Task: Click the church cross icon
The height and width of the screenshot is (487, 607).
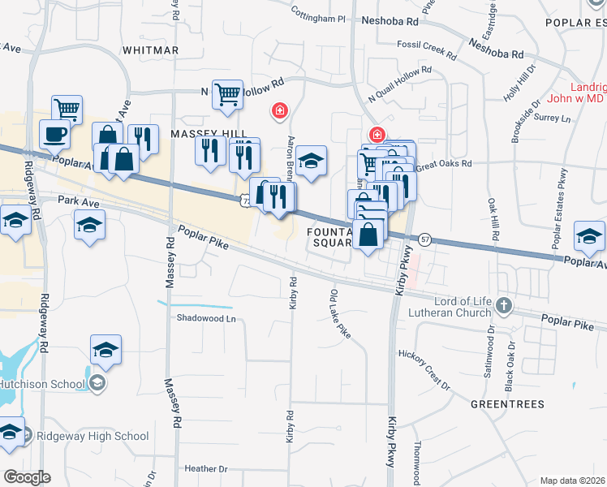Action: coord(504,306)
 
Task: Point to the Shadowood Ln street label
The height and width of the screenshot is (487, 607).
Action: coord(206,319)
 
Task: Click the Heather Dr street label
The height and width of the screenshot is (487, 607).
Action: coord(206,468)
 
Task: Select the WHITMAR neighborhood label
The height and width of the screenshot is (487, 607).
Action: coord(150,50)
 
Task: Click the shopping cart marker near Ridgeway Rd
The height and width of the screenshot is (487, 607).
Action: coord(67,108)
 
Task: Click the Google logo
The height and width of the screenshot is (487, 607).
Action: coord(28,476)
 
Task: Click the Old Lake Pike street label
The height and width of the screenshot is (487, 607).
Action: coord(340,312)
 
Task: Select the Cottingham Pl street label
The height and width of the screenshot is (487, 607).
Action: coord(318,17)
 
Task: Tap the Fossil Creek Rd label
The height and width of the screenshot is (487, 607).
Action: coord(427,50)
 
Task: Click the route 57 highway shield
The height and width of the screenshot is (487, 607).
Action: coord(424,239)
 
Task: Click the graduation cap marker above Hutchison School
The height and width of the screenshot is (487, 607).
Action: coord(105,349)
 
